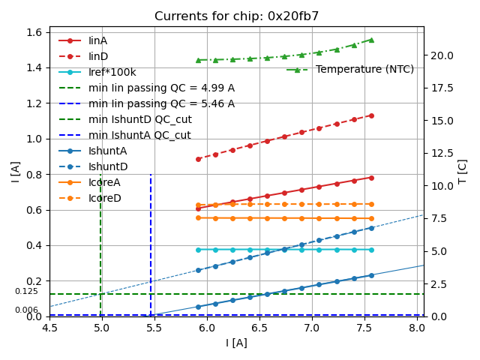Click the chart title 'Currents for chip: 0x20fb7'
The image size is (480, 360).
coord(236,16)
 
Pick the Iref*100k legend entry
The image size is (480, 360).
coord(112,72)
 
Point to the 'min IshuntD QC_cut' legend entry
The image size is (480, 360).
coord(139,119)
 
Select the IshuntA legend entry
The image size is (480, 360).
coord(108,151)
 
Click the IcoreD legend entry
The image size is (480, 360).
coord(104,198)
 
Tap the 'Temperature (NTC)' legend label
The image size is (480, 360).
coord(364,69)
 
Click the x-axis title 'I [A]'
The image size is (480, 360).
coord(236,343)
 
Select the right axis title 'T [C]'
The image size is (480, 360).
coord(463,171)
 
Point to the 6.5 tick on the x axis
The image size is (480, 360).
coord(259,328)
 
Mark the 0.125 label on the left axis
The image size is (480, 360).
coord(26,292)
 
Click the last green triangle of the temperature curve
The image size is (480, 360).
coord(371,40)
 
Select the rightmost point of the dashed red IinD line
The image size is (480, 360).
coord(371,115)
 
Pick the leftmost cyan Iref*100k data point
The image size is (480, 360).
coord(198,250)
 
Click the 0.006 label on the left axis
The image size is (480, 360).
coord(26,310)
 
